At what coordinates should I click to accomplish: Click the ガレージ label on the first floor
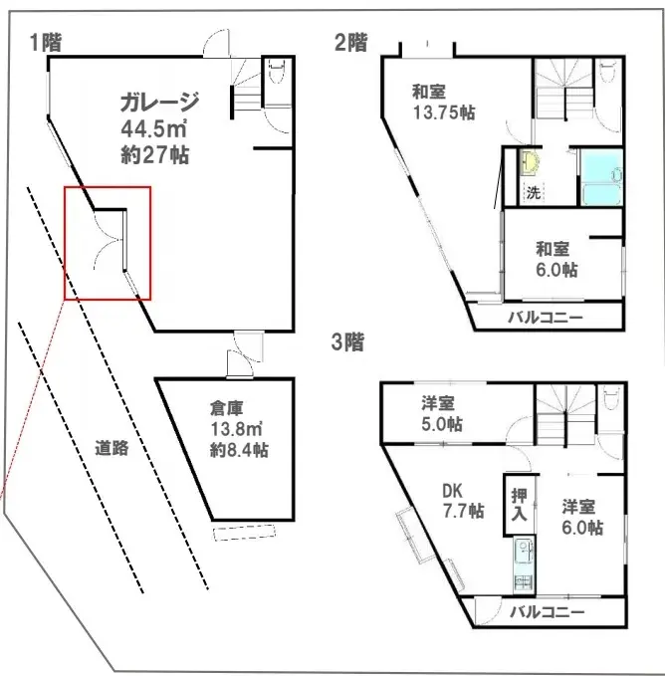159,103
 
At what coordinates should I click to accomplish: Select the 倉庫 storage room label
227,408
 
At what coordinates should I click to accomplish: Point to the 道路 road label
111,448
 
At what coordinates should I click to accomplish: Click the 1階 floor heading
46,42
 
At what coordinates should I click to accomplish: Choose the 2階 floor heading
351,42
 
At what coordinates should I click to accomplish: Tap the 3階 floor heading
347,342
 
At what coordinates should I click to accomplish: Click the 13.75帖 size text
444,113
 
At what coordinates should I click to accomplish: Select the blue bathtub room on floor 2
601,177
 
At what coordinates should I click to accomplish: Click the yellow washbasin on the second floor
530,162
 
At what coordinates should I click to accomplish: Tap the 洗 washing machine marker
534,192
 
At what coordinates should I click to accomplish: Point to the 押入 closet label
520,505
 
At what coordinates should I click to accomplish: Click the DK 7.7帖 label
463,501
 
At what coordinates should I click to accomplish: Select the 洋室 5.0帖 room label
442,414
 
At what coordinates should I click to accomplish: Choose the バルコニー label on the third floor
547,611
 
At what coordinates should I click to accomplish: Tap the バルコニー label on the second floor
546,319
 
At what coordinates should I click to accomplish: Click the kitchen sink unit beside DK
524,565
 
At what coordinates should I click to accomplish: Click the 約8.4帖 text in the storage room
239,451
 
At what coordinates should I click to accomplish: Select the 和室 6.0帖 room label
556,260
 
